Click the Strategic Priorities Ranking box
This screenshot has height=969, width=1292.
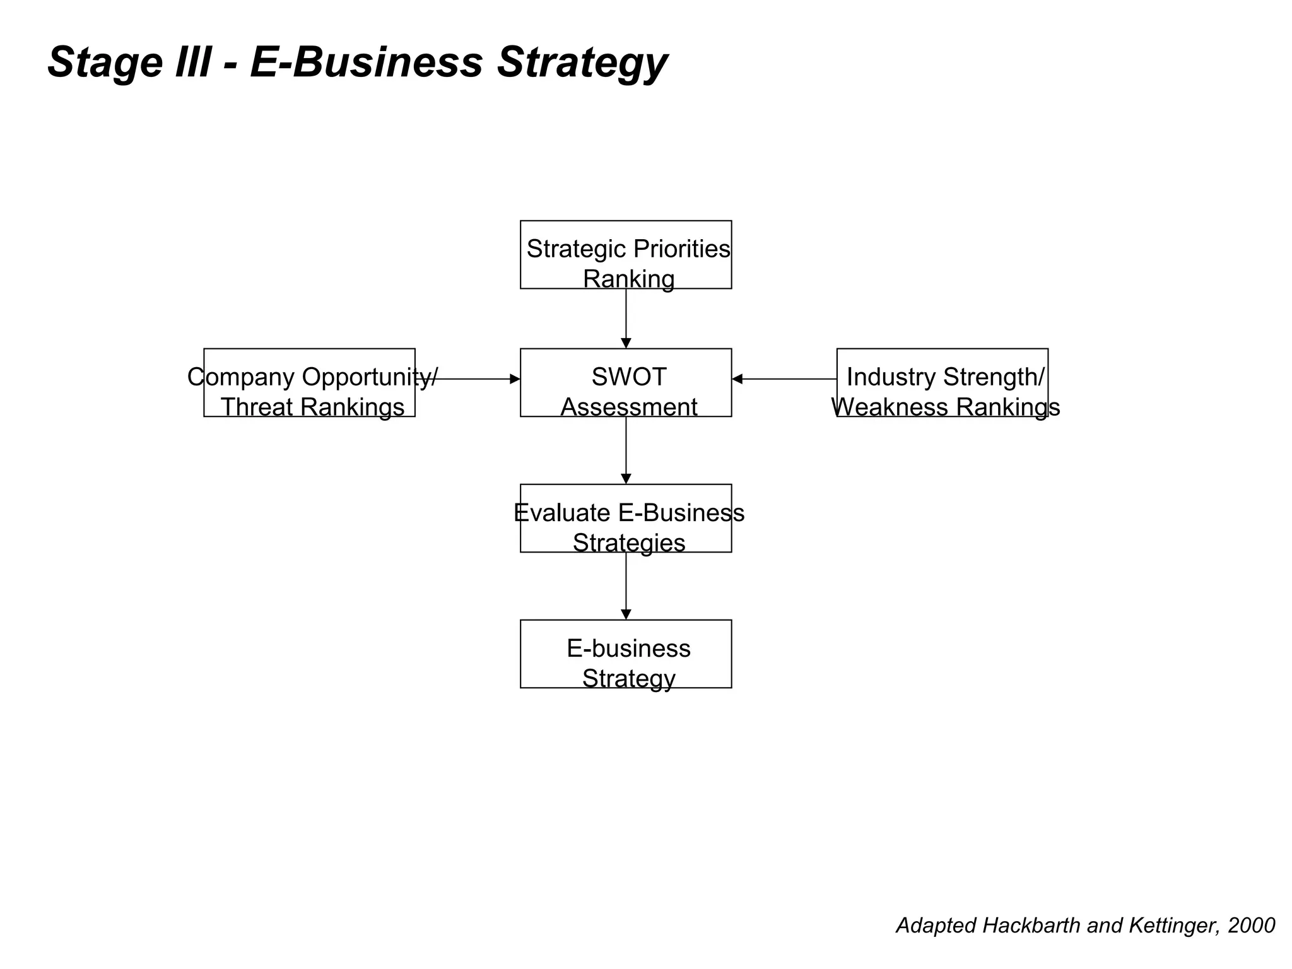[x=625, y=255]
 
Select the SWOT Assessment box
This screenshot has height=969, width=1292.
[x=625, y=382]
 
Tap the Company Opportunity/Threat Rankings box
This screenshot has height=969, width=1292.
[x=309, y=382]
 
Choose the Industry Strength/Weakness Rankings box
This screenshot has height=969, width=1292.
[x=942, y=382]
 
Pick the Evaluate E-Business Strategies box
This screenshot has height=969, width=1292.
[x=625, y=518]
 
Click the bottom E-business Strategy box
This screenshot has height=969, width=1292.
[x=625, y=654]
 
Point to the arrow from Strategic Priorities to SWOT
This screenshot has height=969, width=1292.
[x=626, y=319]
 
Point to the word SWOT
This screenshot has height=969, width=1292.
[x=628, y=377]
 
